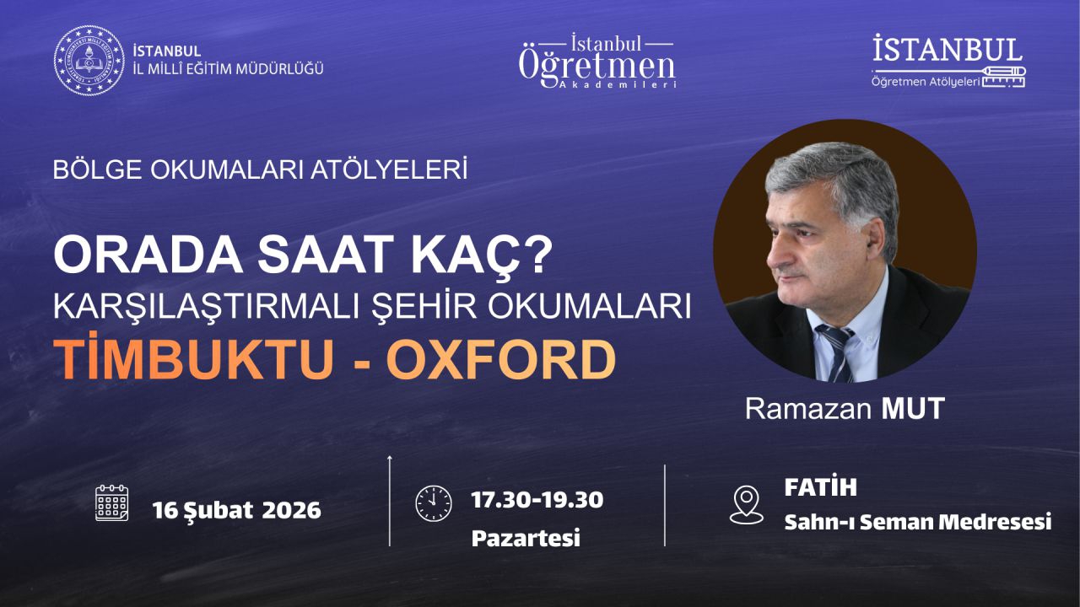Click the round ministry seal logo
[x=89, y=60]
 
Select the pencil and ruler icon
[x=1004, y=78]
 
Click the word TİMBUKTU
[x=194, y=360]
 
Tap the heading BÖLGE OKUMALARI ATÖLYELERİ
[x=261, y=169]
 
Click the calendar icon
[x=112, y=503]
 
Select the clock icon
[x=434, y=503]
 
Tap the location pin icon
[x=747, y=504]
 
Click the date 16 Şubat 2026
[x=237, y=510]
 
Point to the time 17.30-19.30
[x=537, y=500]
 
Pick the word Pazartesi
[x=526, y=538]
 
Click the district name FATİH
[x=821, y=486]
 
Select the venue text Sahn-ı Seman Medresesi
[x=918, y=522]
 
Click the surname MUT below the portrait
[x=913, y=409]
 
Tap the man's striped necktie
[x=836, y=352]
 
